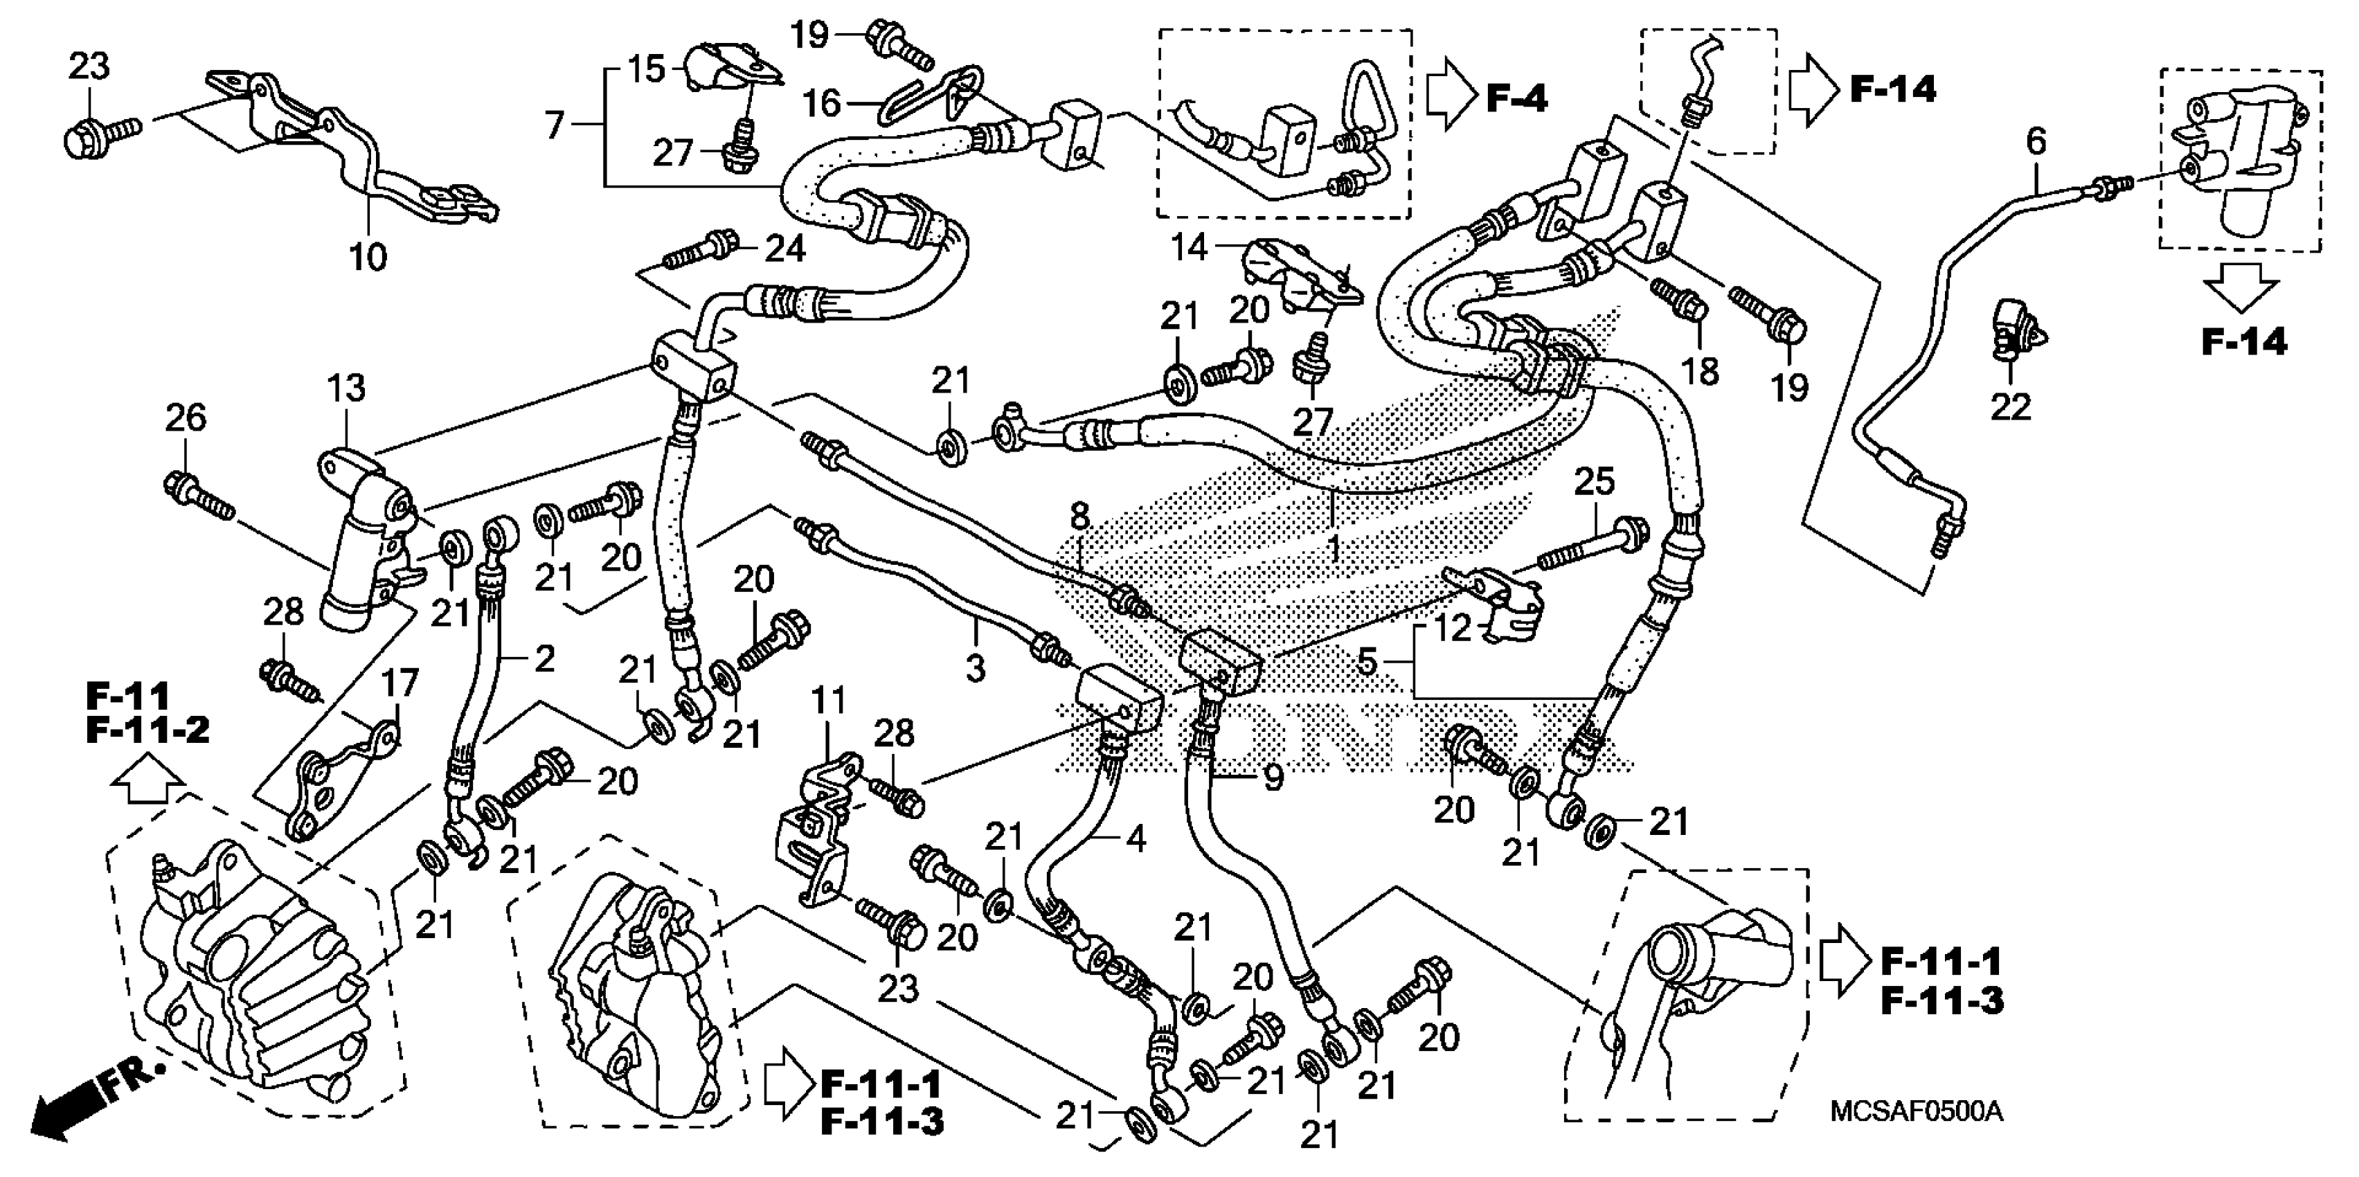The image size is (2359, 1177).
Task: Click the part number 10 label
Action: [x=368, y=258]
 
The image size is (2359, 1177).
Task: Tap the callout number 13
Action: [x=346, y=388]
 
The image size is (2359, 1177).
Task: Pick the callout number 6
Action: [x=2036, y=141]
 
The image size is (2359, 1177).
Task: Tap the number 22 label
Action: [x=2011, y=406]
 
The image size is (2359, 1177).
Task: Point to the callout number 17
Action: [x=400, y=683]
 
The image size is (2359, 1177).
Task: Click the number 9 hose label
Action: [x=1273, y=777]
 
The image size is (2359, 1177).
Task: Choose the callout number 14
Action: [x=1190, y=246]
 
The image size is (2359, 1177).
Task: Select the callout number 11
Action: [x=829, y=703]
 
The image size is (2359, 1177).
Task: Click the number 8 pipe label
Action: [x=1081, y=517]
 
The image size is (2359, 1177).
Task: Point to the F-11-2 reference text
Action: [x=147, y=730]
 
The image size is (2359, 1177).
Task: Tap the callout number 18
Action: [x=1701, y=371]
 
